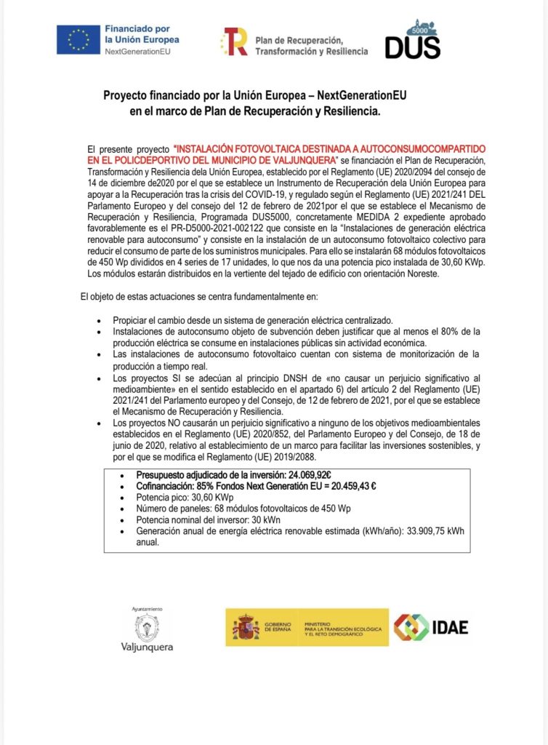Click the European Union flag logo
(x=78, y=39)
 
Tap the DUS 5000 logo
(x=413, y=39)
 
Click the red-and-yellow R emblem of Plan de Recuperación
(x=235, y=41)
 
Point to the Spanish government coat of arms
(x=246, y=627)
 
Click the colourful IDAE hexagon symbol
(x=411, y=627)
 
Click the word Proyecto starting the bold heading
(x=125, y=95)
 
